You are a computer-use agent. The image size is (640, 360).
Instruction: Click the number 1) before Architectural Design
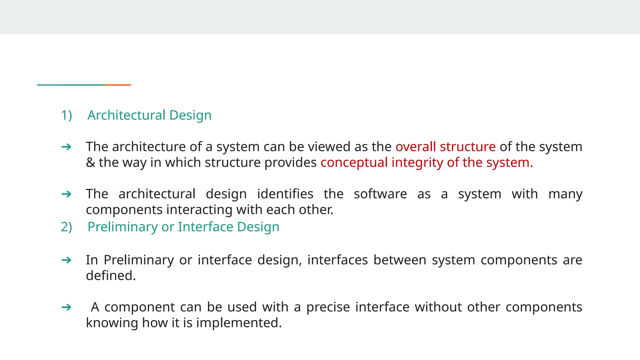click(66, 115)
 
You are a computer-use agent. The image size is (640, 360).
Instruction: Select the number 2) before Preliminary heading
click(66, 227)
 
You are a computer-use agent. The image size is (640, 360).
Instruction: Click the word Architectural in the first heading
click(126, 115)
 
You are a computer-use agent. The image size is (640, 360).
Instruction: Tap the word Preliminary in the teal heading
click(122, 227)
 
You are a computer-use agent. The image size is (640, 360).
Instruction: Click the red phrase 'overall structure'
click(445, 147)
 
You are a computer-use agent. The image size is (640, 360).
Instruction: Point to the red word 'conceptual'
click(354, 163)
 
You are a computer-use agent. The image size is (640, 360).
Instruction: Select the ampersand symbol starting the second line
click(90, 163)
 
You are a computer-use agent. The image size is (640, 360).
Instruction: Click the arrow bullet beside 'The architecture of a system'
click(67, 147)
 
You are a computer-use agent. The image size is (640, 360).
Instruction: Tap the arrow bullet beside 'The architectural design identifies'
click(67, 194)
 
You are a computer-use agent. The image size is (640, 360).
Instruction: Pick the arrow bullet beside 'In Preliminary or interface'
click(67, 260)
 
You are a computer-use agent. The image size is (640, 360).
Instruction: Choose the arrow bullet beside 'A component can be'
click(67, 307)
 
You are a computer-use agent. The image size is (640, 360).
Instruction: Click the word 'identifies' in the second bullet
click(285, 194)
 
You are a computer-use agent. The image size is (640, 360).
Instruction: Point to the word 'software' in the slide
click(380, 194)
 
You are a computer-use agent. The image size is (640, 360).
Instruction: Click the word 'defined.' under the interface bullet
click(111, 276)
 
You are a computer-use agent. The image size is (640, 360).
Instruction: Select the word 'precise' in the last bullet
click(328, 307)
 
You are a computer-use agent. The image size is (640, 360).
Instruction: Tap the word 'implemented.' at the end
click(239, 323)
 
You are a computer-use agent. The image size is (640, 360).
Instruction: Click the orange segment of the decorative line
click(118, 85)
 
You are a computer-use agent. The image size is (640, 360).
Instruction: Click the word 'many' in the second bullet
click(565, 194)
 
